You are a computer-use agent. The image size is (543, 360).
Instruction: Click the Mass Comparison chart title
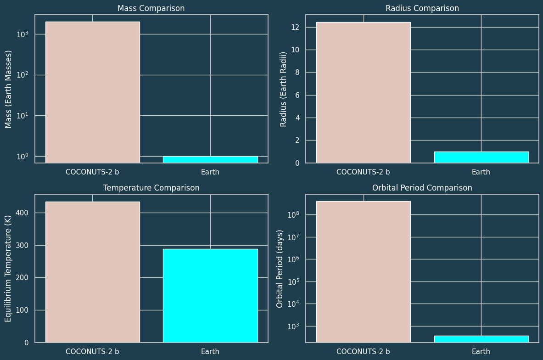[151, 9]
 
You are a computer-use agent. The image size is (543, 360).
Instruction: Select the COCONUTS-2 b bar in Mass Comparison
[92, 92]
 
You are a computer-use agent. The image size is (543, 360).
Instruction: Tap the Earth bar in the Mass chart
[210, 159]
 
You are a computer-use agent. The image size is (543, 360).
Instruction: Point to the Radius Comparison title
[422, 9]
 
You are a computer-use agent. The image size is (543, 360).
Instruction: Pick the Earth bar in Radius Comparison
[481, 157]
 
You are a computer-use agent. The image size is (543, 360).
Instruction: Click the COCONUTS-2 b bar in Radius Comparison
[363, 92]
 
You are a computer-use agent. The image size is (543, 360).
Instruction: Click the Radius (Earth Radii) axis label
[284, 89]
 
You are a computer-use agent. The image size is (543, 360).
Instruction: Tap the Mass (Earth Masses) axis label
[9, 89]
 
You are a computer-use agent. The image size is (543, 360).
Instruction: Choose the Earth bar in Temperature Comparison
[210, 296]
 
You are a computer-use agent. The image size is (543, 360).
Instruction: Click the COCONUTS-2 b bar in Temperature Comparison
[92, 272]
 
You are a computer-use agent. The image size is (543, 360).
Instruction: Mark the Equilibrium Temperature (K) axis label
[9, 268]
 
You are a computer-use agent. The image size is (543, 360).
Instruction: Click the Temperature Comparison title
[151, 188]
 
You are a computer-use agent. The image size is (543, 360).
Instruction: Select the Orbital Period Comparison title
[422, 188]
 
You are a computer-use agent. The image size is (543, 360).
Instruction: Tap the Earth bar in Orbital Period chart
[481, 339]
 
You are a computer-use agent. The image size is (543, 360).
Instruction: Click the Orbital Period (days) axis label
[280, 268]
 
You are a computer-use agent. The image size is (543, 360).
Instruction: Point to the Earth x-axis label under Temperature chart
[210, 352]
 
